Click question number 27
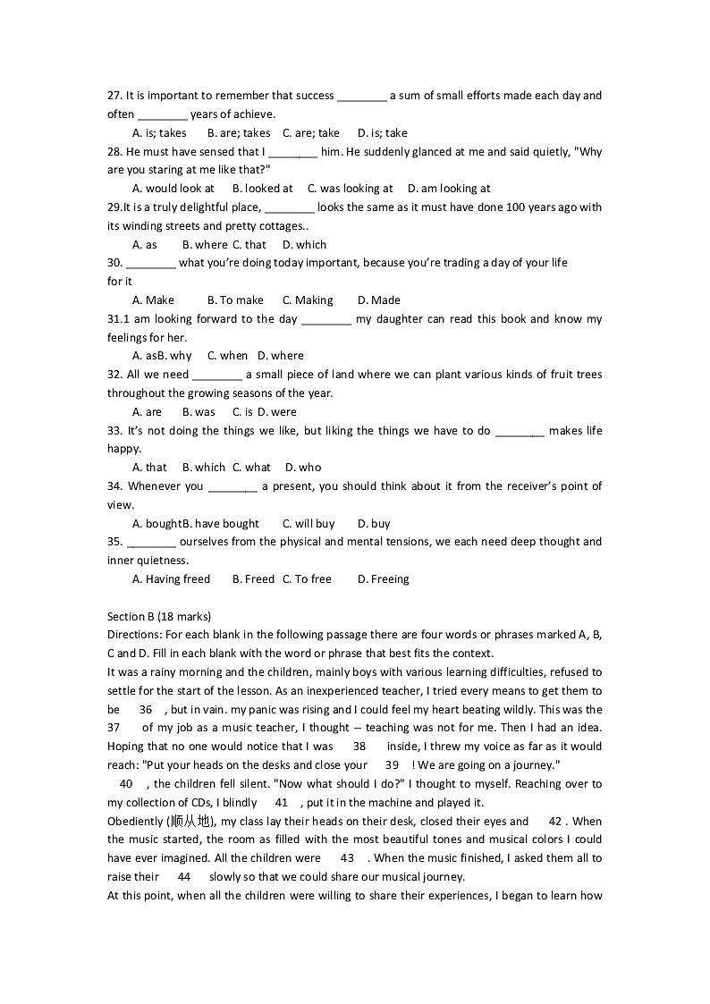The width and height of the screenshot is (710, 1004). pos(114,96)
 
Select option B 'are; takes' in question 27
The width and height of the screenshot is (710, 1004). pos(238,133)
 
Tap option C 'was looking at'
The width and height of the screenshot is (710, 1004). pos(350,189)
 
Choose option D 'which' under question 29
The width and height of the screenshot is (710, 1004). pos(304,245)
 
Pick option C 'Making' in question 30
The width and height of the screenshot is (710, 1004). pos(308,300)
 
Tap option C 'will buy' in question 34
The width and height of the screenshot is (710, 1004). pos(309,524)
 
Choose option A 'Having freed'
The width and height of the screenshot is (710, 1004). pos(171,579)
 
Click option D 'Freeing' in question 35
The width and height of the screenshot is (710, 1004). pos(383,579)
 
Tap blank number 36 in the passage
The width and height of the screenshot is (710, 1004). pos(145,709)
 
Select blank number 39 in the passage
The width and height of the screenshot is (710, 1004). pos(392,765)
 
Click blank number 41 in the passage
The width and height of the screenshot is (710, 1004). pos(282,803)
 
